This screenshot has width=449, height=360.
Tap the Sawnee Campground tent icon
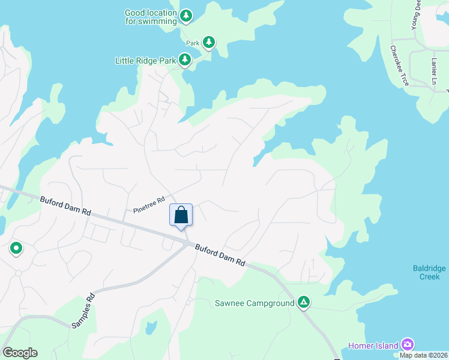(304, 302)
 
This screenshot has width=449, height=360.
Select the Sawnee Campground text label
(255, 303)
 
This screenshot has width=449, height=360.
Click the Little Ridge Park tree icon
(185, 60)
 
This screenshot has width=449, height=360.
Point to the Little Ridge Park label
(146, 61)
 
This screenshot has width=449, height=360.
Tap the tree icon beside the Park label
(208, 42)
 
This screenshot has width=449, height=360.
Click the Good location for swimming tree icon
(186, 16)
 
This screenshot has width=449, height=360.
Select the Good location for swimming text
(151, 17)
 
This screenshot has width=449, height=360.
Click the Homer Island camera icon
(408, 344)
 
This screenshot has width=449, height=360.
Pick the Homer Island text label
(373, 346)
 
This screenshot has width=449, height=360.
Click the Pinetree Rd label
(149, 206)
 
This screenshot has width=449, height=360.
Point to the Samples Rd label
(83, 310)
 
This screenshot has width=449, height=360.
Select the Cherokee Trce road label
(400, 66)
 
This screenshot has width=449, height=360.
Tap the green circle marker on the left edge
(16, 248)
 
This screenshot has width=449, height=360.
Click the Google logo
(20, 353)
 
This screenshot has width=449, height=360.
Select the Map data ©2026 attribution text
(423, 355)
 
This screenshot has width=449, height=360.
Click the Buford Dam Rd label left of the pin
(65, 206)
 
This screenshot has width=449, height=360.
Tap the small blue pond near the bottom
(151, 328)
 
